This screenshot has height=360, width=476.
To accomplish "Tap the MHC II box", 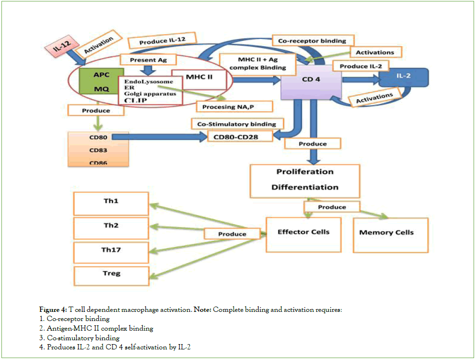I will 199,77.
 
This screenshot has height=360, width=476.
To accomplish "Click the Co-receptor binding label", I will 312,41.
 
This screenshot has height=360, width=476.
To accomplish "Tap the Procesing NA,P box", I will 235,106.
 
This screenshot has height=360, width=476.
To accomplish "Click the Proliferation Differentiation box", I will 304,180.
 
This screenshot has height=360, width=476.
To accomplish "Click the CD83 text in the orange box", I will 98,150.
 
